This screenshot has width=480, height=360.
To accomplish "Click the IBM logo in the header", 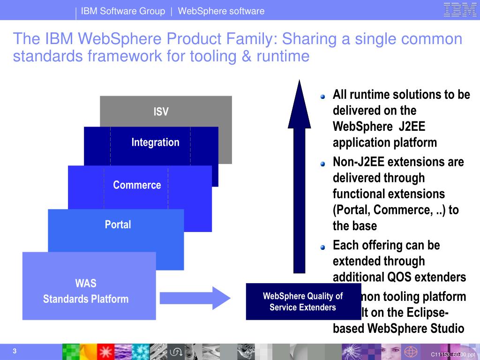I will (460, 10).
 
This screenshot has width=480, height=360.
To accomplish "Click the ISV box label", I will (161, 112).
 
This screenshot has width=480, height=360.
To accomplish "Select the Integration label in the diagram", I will (155, 142).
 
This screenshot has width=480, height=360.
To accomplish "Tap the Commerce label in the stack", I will (137, 185).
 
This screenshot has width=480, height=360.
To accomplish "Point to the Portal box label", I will (118, 225).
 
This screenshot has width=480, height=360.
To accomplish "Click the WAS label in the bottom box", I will (86, 283).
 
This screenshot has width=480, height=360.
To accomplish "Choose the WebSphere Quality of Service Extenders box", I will (303, 301).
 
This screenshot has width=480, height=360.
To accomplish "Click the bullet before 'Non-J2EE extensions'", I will (322, 164).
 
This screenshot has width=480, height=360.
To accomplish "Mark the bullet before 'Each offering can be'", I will (322, 247).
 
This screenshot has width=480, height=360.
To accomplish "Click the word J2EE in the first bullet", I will (412, 127).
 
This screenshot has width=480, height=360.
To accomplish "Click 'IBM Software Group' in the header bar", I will (123, 11).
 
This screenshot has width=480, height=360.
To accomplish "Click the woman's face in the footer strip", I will (388, 351).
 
